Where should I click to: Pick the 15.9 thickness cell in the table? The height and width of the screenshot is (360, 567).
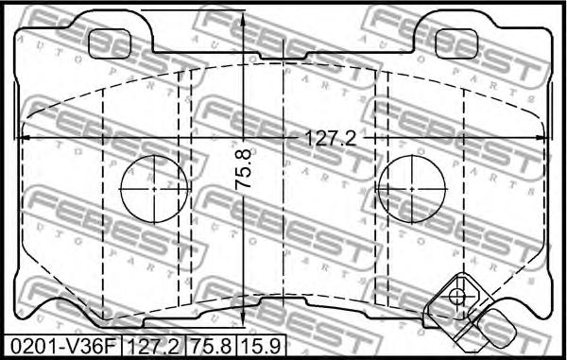coord(261,347)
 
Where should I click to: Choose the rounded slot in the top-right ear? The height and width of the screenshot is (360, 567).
coord(457,41)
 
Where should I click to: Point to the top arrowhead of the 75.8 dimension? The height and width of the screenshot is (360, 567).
coord(246,19)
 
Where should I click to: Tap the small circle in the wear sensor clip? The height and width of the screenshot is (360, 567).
coord(458,296)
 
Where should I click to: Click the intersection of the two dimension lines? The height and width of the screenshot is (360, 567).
coord(246,139)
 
